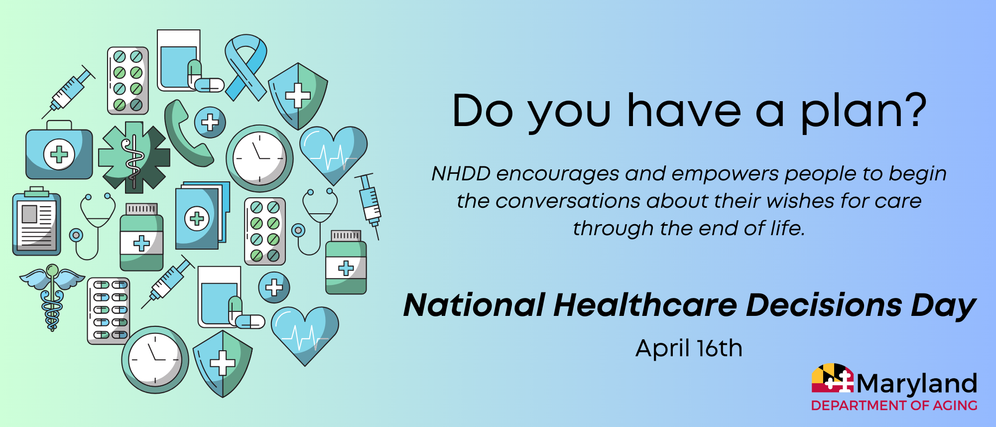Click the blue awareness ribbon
point(245,67)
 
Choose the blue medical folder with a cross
point(202,215)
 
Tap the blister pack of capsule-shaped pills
point(109,311)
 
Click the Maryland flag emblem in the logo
point(833,378)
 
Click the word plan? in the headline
point(863,112)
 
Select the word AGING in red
point(955,406)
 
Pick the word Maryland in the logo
point(917,384)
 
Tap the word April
point(662,349)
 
